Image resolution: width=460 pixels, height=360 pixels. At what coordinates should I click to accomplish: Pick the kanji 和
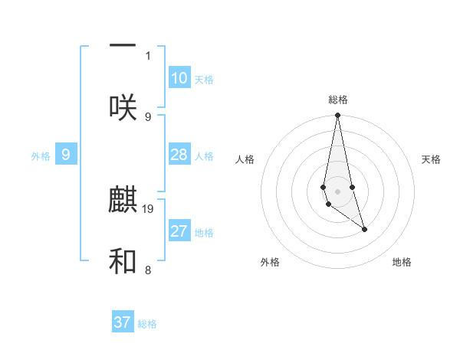click(123, 262)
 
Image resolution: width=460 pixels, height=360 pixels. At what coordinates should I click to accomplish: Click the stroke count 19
click(148, 208)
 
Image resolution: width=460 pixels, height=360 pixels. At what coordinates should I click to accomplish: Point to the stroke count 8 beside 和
click(148, 270)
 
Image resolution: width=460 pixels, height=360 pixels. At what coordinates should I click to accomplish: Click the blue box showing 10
click(179, 78)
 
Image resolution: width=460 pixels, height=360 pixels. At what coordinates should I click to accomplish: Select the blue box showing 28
click(179, 155)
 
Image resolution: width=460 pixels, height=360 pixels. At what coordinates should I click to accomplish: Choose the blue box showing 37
click(123, 322)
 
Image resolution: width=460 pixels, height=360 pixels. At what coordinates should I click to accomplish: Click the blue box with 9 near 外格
click(66, 155)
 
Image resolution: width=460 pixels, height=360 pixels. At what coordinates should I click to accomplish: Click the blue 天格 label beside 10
click(204, 80)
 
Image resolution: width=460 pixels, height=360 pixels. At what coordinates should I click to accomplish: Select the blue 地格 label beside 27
click(204, 233)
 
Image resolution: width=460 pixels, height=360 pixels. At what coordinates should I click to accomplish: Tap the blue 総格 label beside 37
click(147, 324)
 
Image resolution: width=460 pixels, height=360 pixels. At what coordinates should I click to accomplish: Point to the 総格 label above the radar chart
click(338, 100)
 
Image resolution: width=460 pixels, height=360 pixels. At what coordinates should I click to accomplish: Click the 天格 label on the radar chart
click(431, 159)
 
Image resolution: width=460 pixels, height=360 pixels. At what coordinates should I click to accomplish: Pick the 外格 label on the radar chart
click(270, 262)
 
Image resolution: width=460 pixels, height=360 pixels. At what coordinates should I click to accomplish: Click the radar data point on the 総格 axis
click(338, 116)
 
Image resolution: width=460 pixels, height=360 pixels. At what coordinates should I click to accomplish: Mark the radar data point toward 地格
click(364, 229)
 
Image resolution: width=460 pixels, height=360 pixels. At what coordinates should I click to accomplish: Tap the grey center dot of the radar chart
click(338, 191)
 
